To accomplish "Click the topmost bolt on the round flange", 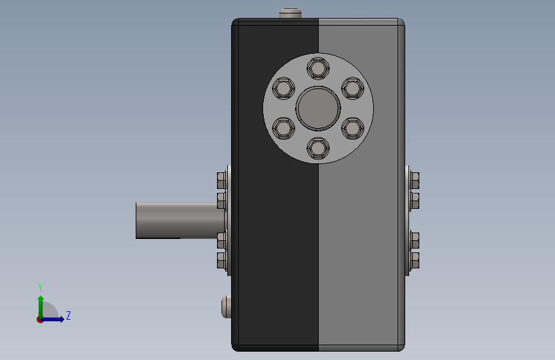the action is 318,68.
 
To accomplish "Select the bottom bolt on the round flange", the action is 318,148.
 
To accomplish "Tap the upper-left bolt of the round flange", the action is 284,88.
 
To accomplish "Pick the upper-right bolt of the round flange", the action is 353,88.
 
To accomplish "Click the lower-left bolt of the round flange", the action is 284,128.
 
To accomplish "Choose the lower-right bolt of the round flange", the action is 353,128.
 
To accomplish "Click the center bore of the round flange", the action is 318,108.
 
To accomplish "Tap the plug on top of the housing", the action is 290,13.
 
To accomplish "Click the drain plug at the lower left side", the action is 226,307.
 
